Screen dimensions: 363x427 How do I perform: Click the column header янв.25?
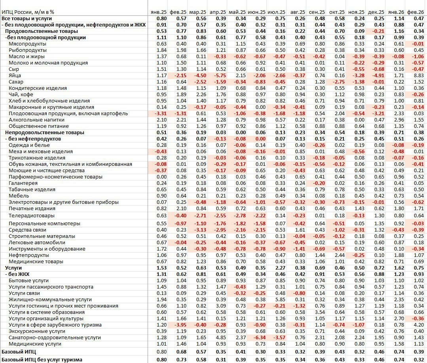point(159,12)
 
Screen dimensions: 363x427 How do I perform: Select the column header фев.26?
point(416,12)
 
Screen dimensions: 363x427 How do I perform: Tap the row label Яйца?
point(15,76)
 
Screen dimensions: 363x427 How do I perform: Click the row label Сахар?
point(16,82)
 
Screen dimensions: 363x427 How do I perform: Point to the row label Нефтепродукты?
point(25,255)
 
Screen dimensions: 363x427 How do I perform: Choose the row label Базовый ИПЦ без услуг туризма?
point(42,359)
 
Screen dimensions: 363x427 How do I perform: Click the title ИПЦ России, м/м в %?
point(28,12)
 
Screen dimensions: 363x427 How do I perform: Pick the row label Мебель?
point(19,196)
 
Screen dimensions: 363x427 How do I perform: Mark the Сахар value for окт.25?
point(339,82)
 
